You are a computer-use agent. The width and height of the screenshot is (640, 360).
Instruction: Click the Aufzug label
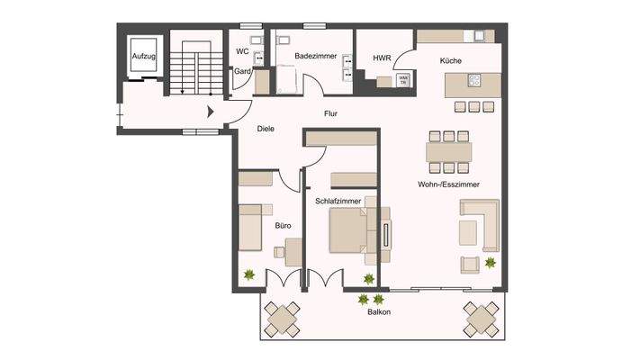point(144,56)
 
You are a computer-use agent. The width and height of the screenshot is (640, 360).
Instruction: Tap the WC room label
point(242,51)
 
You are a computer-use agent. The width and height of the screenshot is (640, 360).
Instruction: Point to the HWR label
point(382,59)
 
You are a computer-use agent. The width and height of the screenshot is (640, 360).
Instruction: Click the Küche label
point(451,59)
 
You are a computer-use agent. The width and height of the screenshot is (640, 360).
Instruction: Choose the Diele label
point(265,129)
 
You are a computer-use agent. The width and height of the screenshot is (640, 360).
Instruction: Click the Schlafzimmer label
point(338,202)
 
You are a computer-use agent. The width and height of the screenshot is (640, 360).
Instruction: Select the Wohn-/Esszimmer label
point(447,184)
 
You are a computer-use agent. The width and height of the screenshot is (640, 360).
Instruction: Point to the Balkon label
point(378,314)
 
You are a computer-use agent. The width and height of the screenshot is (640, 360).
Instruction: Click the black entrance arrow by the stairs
point(212,112)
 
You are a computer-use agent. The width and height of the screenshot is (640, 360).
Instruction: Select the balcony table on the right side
point(482,317)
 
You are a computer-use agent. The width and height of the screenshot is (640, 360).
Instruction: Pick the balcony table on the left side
point(282,319)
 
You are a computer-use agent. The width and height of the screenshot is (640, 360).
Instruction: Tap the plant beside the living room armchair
point(491,263)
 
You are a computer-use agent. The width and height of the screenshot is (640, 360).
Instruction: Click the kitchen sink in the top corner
point(477,36)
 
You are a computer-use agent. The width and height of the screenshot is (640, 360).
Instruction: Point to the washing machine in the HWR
point(403,79)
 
